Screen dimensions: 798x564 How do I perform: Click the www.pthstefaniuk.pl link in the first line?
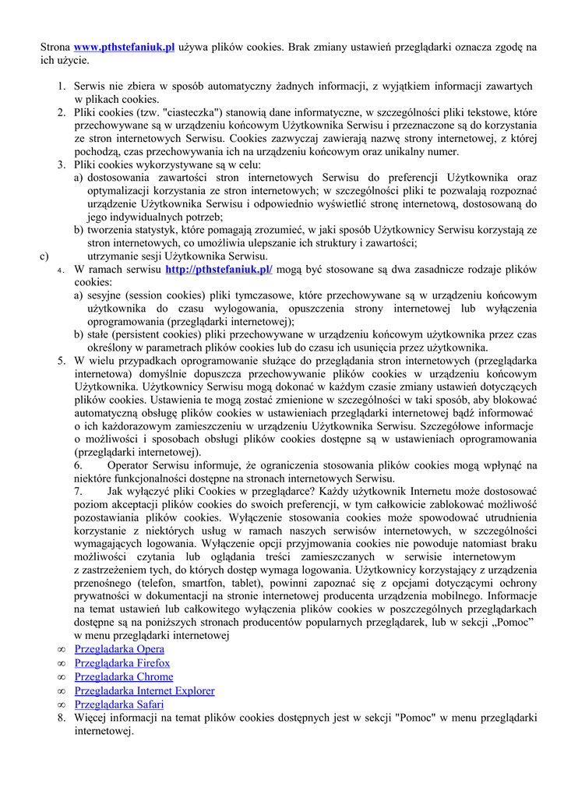click(x=124, y=48)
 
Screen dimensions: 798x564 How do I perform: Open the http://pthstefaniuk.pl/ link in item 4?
click(x=219, y=270)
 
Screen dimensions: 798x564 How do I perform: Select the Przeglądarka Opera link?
click(x=119, y=649)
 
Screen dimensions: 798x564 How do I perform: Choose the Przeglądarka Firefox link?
click(x=122, y=663)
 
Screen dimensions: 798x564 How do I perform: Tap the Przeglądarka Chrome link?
click(x=124, y=677)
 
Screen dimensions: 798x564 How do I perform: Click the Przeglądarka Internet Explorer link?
click(x=144, y=691)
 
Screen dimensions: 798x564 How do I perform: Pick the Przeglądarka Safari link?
click(x=118, y=705)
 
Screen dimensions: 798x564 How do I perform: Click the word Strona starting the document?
click(x=55, y=48)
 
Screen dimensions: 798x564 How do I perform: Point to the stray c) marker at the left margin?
click(x=44, y=256)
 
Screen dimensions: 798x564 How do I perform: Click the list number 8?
click(x=61, y=719)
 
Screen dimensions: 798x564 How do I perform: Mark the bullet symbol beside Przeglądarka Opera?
click(x=62, y=649)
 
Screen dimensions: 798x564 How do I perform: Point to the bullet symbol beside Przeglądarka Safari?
click(x=62, y=705)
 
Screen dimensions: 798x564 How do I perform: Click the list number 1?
click(x=61, y=86)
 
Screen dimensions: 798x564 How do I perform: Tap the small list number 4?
click(x=62, y=270)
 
